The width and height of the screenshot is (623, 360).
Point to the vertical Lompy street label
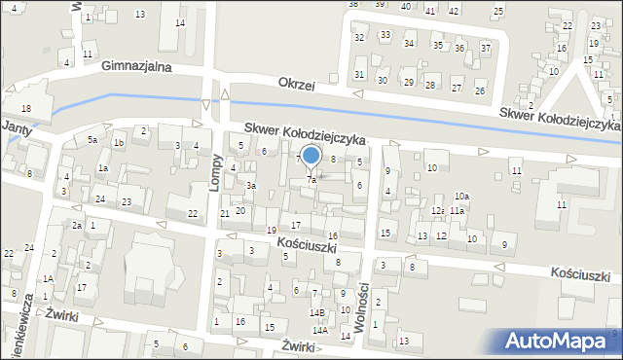click(x=234, y=154)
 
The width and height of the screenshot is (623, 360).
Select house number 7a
click(x=311, y=180)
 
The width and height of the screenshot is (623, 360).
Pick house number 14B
click(x=316, y=312)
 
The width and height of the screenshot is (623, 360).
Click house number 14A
click(x=319, y=331)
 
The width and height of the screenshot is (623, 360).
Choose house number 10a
click(x=461, y=197)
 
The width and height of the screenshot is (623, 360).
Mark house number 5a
click(x=92, y=140)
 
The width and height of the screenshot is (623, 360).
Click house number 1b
click(x=118, y=143)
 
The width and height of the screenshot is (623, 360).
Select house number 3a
click(x=250, y=185)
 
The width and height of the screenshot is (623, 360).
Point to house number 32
click(x=359, y=37)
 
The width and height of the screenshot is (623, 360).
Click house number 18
click(x=26, y=107)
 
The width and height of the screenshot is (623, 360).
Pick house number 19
click(x=272, y=230)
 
